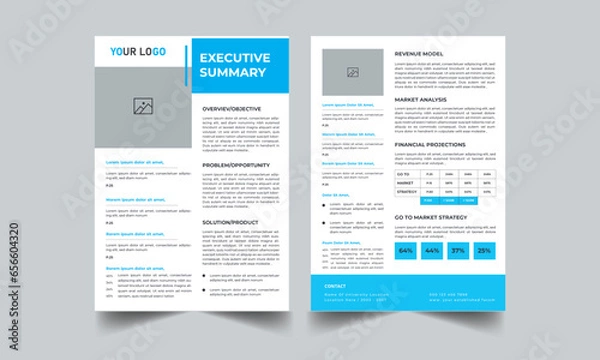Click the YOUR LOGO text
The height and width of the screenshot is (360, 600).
point(138,51)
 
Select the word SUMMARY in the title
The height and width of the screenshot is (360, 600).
point(233,72)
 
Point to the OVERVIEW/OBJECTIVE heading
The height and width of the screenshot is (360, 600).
point(232,107)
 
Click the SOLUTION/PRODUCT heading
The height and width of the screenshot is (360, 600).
point(231,220)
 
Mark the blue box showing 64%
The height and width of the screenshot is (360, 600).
point(407,250)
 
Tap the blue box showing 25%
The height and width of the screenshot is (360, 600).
point(484,250)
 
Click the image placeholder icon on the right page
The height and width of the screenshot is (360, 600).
point(352,72)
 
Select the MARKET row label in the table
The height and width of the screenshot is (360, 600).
point(406,183)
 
